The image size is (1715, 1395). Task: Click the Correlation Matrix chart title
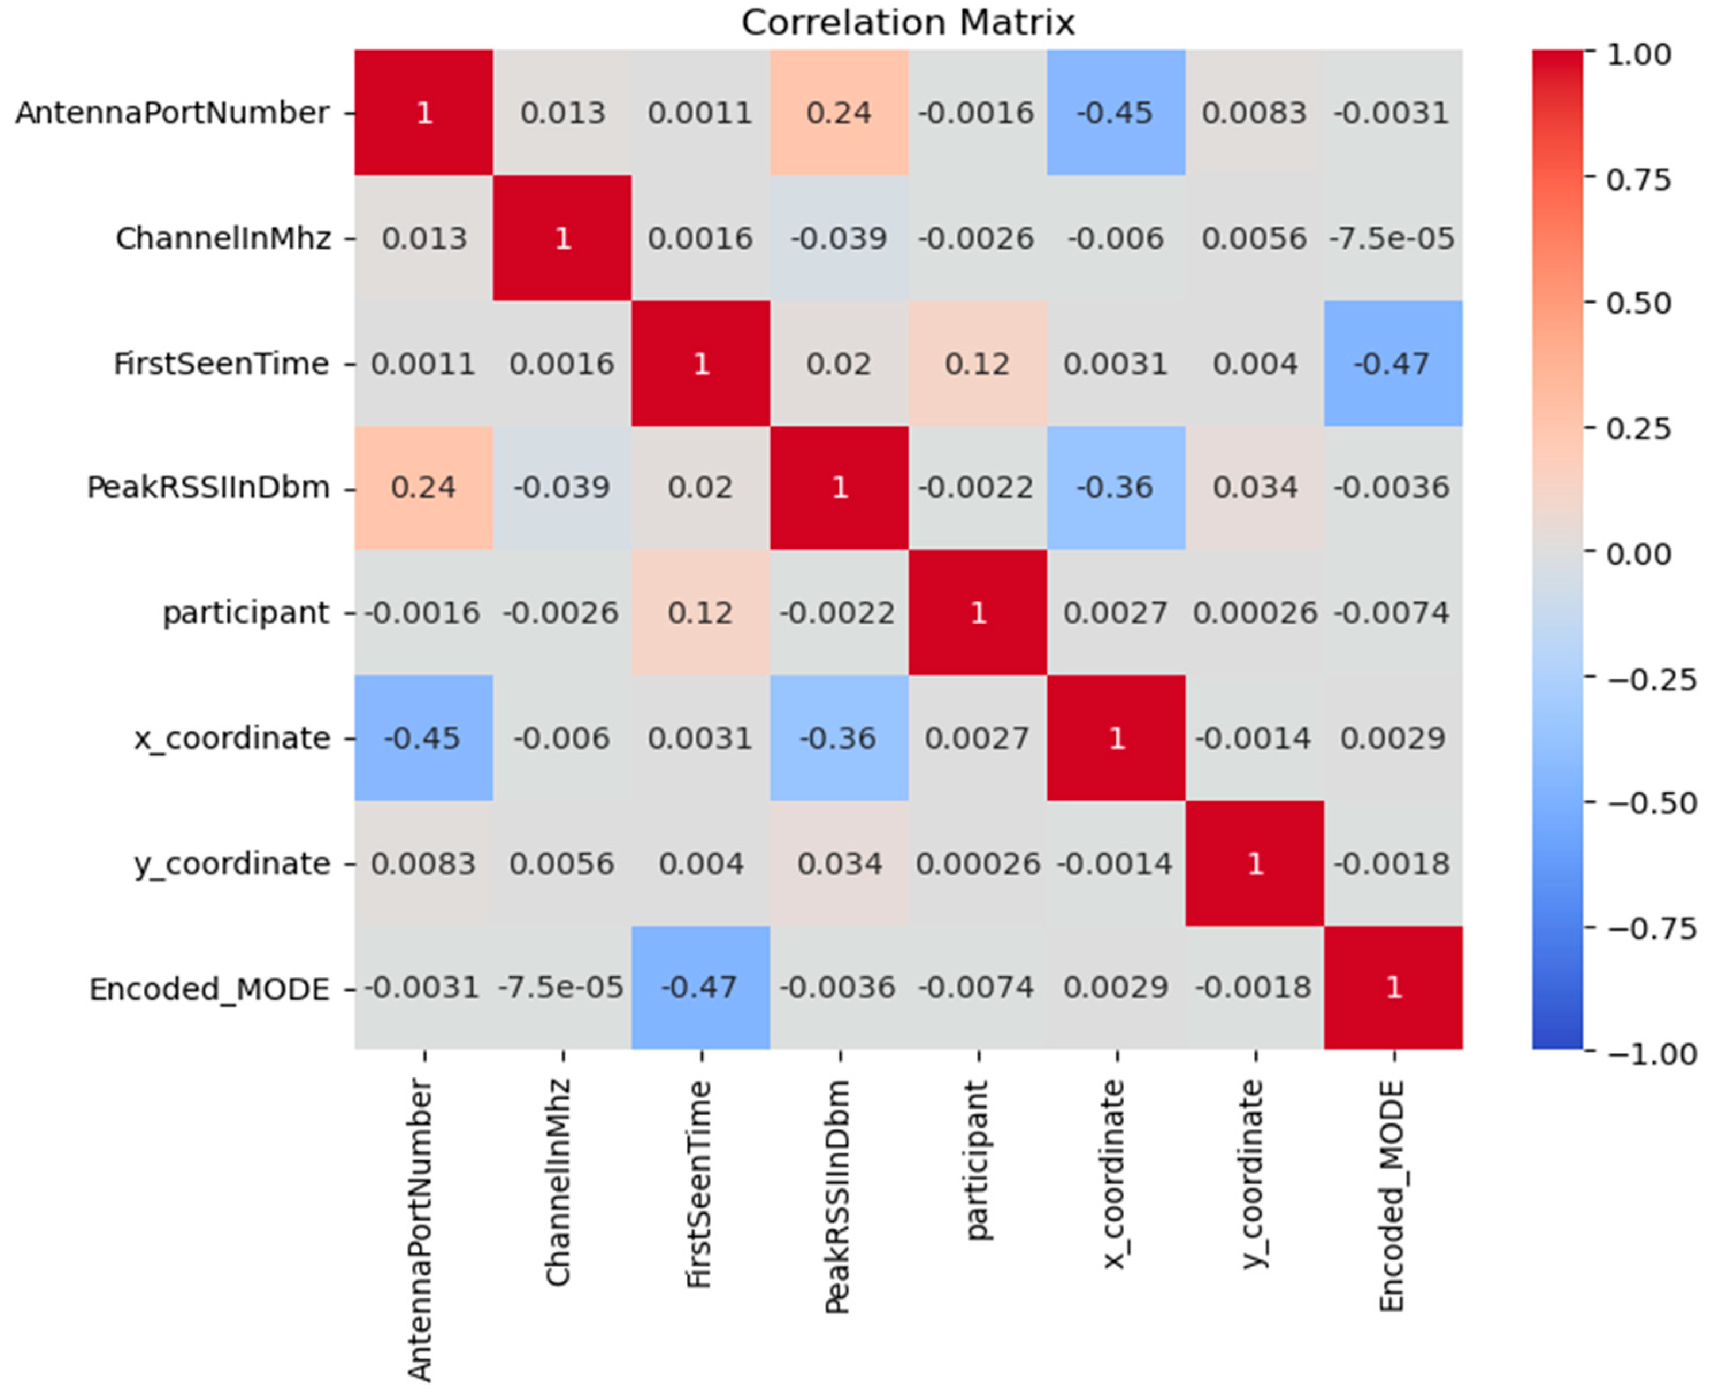click(x=908, y=22)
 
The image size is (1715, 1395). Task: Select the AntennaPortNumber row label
click(x=172, y=113)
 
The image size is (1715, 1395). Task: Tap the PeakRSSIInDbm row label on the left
click(x=208, y=488)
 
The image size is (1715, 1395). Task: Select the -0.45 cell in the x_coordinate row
click(x=423, y=737)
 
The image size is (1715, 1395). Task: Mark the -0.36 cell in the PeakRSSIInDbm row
click(x=1116, y=488)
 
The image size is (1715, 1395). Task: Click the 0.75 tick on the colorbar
click(x=1638, y=178)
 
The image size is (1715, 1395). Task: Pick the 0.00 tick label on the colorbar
click(x=1638, y=553)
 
